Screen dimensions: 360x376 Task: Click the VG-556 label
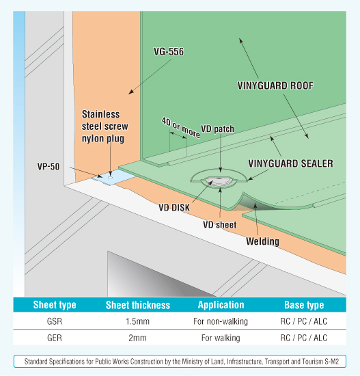[169, 51]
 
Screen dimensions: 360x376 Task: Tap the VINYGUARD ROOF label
[275, 85]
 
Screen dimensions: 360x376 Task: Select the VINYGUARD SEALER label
[291, 163]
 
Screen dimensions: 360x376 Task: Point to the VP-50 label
[49, 167]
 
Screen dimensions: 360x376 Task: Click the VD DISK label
[174, 207]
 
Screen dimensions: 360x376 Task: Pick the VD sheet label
[219, 225]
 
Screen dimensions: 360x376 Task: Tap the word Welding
[263, 241]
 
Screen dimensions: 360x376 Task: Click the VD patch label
[217, 129]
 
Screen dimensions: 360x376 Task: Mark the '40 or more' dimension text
[181, 128]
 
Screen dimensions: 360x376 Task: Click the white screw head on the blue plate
[110, 177]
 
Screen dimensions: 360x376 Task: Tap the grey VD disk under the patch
[219, 182]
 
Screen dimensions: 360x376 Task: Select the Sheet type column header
[55, 305]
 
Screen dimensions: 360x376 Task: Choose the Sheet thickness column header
[138, 305]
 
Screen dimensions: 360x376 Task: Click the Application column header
[221, 305]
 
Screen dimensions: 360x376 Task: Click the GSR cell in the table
[55, 321]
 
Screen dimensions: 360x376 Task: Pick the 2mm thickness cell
[137, 338]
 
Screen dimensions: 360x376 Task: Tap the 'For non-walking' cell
[221, 321]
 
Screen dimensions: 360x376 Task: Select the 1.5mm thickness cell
[137, 321]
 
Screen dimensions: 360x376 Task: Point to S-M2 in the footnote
[332, 362]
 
